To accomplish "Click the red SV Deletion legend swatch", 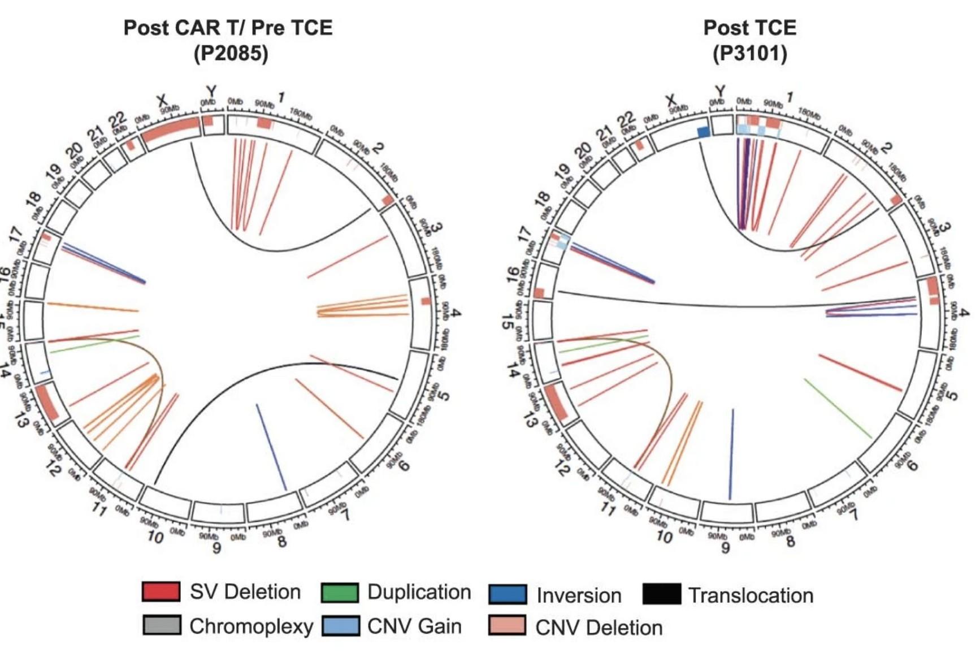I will (161, 591).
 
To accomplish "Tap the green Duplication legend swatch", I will (340, 592).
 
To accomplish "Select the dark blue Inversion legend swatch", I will (508, 595).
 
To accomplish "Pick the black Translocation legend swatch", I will (661, 595).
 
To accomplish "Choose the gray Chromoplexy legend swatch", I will (162, 626).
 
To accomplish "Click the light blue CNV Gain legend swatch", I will (341, 626).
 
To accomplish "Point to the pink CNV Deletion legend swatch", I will (507, 626).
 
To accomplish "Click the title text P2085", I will (231, 54).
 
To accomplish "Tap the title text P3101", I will (749, 54).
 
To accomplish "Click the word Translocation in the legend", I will (751, 595).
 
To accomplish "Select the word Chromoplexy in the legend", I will (251, 626).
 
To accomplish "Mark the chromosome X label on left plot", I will (162, 101).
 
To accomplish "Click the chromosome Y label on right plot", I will (720, 90).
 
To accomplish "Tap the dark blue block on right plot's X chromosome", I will (703, 132).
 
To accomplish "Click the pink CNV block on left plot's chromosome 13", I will (47, 402).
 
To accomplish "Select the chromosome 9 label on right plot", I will (725, 547).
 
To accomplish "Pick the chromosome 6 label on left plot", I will (404, 465).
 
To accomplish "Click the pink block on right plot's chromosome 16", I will (539, 293).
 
